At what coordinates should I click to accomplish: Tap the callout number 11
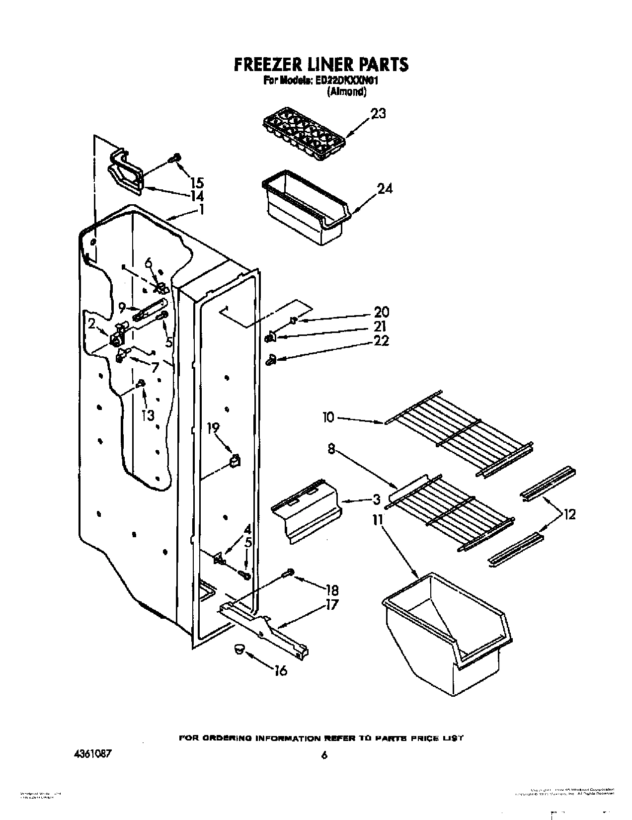tap(378, 521)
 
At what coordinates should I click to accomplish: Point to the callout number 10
tap(328, 416)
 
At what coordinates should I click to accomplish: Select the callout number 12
tap(569, 515)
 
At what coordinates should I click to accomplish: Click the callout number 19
tap(213, 427)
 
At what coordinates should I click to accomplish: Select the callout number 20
tap(382, 312)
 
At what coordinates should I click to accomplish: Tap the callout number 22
tap(382, 341)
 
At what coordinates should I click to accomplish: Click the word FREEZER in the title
tap(264, 65)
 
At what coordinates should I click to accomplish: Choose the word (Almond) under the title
tap(346, 91)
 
